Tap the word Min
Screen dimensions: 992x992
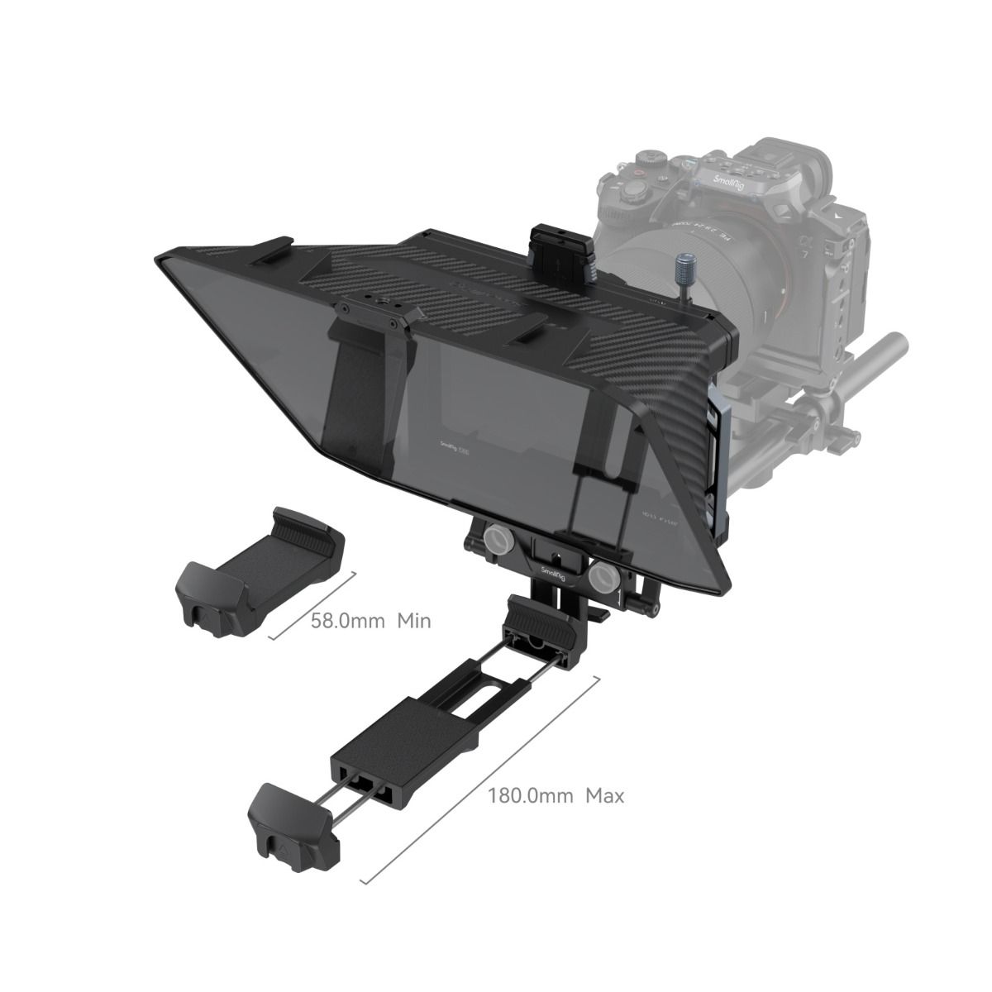pos(414,620)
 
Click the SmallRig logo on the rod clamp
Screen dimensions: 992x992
pos(551,570)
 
